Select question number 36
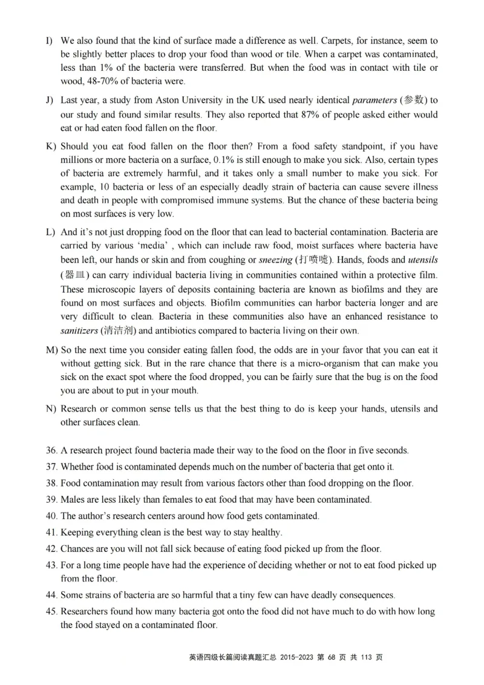coord(51,451)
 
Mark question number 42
coord(51,549)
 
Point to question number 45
coord(51,612)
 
